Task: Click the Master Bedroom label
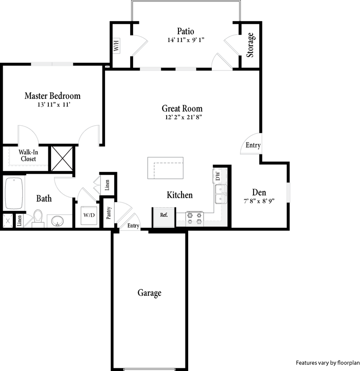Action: pyautogui.click(x=52, y=96)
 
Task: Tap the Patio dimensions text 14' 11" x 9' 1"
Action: pyautogui.click(x=186, y=40)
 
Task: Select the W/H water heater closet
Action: pyautogui.click(x=117, y=46)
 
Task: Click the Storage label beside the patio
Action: pyautogui.click(x=250, y=45)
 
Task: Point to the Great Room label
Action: pyautogui.click(x=182, y=109)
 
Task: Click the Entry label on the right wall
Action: pyautogui.click(x=253, y=145)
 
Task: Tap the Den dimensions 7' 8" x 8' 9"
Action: pyautogui.click(x=258, y=201)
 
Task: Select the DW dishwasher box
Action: pyautogui.click(x=218, y=176)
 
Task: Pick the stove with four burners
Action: pyautogui.click(x=195, y=218)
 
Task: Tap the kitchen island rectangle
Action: pyautogui.click(x=166, y=168)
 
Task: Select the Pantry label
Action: pyautogui.click(x=109, y=214)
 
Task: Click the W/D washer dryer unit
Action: pyautogui.click(x=89, y=215)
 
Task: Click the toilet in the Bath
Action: pyautogui.click(x=38, y=217)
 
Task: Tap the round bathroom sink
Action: pyautogui.click(x=57, y=221)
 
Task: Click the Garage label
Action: pyautogui.click(x=149, y=293)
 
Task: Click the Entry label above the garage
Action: pyautogui.click(x=133, y=226)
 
